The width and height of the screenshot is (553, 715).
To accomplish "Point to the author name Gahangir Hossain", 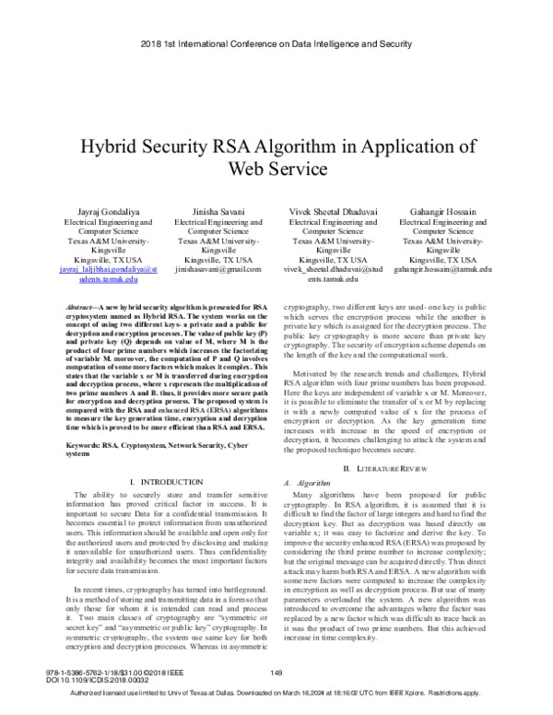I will click(x=442, y=212).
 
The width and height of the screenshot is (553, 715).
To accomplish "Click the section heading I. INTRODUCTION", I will click(x=166, y=482).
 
